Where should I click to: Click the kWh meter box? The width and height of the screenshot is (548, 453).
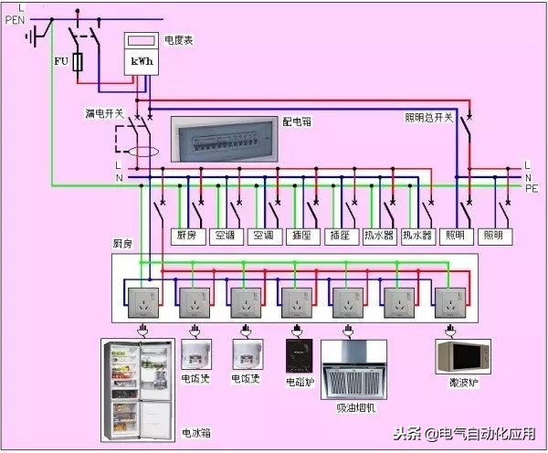[x=142, y=55]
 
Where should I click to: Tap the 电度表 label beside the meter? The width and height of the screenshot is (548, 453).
[x=179, y=40]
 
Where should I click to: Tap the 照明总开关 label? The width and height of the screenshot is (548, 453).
[x=428, y=118]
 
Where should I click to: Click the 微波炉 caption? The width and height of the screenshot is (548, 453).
[x=462, y=380]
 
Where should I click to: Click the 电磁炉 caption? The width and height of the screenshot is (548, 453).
[x=299, y=380]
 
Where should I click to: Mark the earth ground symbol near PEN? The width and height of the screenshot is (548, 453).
[x=36, y=37]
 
